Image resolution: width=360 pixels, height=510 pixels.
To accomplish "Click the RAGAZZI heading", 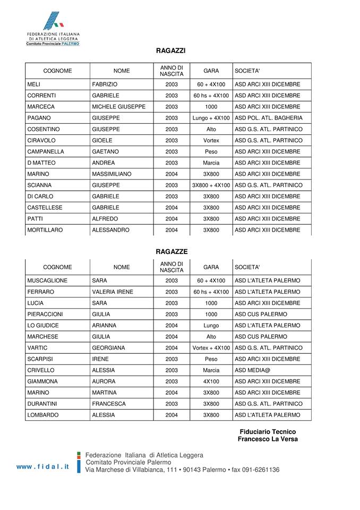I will click(171, 51).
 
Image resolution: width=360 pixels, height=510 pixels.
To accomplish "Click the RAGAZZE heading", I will click(172, 251).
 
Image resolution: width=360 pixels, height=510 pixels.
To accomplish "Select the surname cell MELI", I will click(33, 84).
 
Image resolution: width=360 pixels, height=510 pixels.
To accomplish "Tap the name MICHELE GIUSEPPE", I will click(118, 107).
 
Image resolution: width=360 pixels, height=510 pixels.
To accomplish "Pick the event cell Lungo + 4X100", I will click(211, 118).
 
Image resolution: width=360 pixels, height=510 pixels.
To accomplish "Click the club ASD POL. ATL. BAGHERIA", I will click(269, 118).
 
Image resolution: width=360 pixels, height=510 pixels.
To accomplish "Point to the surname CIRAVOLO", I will click(41, 140).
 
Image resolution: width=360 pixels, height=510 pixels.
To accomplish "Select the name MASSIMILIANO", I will click(112, 174).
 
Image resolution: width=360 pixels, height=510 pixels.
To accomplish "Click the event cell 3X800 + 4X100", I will click(211, 185).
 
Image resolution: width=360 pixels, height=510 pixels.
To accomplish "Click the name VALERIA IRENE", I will click(113, 292).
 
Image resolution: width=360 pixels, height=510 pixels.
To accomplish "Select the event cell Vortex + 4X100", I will click(211, 347).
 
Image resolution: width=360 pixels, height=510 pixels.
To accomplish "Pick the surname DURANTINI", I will click(43, 403).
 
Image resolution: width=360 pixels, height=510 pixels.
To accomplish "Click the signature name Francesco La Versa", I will click(268, 439).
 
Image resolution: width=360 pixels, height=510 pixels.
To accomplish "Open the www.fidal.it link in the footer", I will click(43, 466).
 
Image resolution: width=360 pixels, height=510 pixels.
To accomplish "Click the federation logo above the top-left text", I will click(53, 22).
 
